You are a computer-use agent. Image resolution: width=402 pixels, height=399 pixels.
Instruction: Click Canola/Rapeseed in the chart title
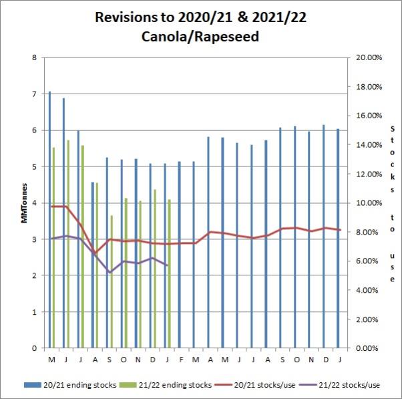click(x=200, y=37)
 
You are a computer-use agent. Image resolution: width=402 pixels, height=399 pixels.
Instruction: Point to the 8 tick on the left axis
click(x=34, y=57)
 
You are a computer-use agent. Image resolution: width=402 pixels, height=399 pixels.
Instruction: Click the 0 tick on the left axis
click(x=34, y=348)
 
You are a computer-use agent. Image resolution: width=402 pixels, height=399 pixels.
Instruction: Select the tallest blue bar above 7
click(x=49, y=221)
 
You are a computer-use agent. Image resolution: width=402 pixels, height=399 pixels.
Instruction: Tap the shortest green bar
click(x=112, y=281)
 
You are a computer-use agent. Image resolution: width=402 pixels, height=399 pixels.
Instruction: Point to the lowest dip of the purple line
click(x=109, y=272)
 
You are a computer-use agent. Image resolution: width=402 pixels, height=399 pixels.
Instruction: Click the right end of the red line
click(x=341, y=230)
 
